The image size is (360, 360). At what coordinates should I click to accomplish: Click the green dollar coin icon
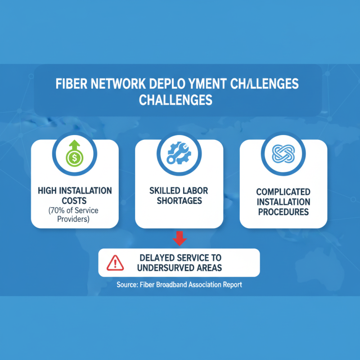click(75, 158)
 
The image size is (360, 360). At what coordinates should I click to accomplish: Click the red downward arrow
click(180, 238)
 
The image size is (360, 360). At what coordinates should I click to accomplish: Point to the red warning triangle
click(115, 262)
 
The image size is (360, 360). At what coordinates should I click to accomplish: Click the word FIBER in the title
click(69, 85)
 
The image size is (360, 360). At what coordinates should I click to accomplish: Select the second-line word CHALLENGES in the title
click(175, 100)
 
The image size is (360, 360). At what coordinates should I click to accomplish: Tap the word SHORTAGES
click(179, 200)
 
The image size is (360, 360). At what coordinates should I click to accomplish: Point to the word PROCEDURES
click(283, 211)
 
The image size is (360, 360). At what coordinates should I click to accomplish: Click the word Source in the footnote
click(127, 285)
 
